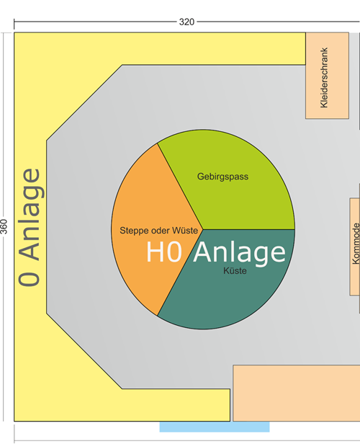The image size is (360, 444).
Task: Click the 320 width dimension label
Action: (x=186, y=22)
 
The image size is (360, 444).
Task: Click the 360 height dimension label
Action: (x=4, y=226)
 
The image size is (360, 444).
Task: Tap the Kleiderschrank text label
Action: (x=324, y=78)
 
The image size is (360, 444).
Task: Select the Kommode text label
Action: (x=356, y=244)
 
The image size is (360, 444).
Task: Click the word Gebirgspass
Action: (x=223, y=177)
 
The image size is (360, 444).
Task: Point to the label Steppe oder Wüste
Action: (x=158, y=231)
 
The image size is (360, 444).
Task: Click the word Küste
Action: (x=235, y=271)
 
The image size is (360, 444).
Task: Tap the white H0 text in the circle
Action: (x=164, y=252)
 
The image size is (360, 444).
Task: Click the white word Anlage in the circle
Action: (x=240, y=254)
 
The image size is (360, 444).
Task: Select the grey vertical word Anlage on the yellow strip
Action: (x=32, y=214)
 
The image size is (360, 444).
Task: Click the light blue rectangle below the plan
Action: (x=215, y=427)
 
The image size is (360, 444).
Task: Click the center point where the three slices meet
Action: (x=203, y=229)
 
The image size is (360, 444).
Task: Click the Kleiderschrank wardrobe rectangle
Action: (x=327, y=76)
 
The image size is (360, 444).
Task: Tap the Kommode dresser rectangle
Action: (x=355, y=247)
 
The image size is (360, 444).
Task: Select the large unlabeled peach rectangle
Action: (x=297, y=393)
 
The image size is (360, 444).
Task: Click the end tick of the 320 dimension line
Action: (x=14, y=24)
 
